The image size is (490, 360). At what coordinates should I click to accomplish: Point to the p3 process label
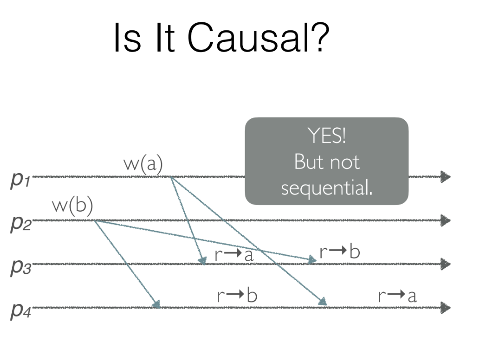pyautogui.click(x=20, y=265)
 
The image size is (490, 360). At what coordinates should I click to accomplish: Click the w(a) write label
pyautogui.click(x=143, y=165)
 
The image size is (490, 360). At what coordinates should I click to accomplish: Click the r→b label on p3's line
pyautogui.click(x=339, y=252)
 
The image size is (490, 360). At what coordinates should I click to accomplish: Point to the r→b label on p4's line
pyautogui.click(x=237, y=296)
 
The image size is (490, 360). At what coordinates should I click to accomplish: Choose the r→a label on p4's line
pyautogui.click(x=397, y=296)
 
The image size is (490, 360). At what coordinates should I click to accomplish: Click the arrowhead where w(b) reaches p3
pyautogui.click(x=312, y=260)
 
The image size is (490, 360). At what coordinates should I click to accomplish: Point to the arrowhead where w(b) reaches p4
pyautogui.click(x=157, y=304)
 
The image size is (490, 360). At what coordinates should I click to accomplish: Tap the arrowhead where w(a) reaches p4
pyautogui.click(x=322, y=302)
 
